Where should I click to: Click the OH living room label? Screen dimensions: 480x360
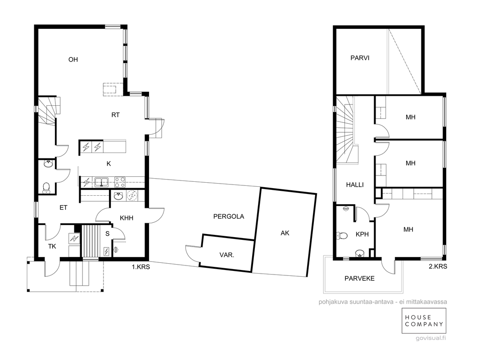point(73,60)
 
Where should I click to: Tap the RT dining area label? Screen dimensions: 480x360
point(115,115)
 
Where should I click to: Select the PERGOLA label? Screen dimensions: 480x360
point(229,216)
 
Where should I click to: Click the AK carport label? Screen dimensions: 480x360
point(285,234)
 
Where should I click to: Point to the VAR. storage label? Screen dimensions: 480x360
point(227,255)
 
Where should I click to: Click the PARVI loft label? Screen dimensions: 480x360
point(360,58)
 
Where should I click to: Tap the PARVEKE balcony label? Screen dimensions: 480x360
point(360,279)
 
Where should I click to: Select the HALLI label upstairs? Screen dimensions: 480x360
point(355,185)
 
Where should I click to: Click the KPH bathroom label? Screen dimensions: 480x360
point(362,234)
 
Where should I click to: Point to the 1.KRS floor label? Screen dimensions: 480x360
point(141,267)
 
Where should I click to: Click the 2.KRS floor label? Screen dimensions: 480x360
point(438,266)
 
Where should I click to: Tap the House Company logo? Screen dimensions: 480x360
point(424,320)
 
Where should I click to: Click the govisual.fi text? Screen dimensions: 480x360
point(431,338)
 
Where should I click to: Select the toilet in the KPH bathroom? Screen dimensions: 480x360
point(342,235)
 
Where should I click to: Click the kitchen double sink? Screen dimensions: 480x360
point(101,182)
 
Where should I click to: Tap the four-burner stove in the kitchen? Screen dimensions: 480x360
point(120,182)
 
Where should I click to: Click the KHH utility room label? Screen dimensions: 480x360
point(127,218)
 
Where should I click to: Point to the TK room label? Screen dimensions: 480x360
point(52,246)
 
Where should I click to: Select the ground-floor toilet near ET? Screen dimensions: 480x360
point(46,188)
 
